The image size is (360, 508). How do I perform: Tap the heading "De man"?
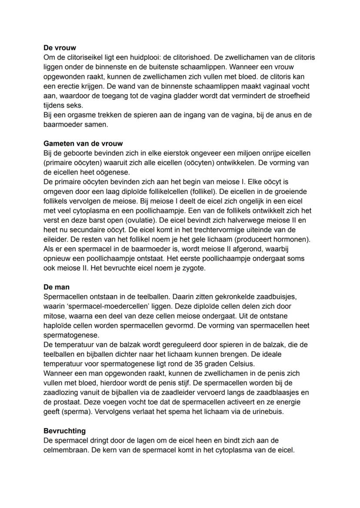pos(57,287)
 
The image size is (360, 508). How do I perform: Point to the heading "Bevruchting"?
pos(64,431)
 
